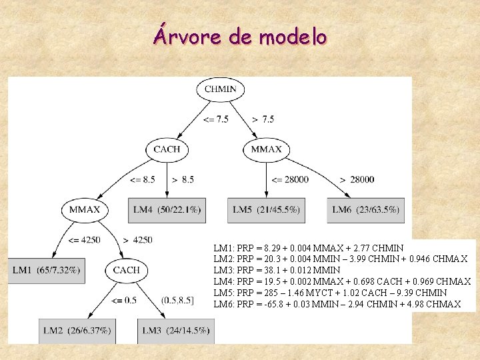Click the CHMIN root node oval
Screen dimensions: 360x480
(220, 89)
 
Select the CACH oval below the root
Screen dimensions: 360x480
(167, 149)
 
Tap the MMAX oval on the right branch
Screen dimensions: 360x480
(266, 149)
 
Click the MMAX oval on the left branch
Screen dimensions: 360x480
(85, 209)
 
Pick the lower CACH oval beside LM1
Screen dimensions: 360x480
(127, 270)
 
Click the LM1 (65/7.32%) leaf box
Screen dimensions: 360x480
(46, 269)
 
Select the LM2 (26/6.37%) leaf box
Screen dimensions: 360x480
(77, 330)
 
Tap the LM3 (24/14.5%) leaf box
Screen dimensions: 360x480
(176, 330)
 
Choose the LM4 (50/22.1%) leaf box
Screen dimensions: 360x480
(167, 210)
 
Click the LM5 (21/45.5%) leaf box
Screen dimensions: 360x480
(266, 210)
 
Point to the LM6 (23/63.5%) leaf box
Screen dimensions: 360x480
(366, 210)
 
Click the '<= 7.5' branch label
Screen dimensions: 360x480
(215, 119)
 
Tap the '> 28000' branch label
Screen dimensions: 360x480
(357, 179)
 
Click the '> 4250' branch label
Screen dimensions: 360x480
(138, 240)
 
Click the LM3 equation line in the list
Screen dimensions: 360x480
(277, 270)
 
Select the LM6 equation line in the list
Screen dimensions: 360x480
(337, 304)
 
